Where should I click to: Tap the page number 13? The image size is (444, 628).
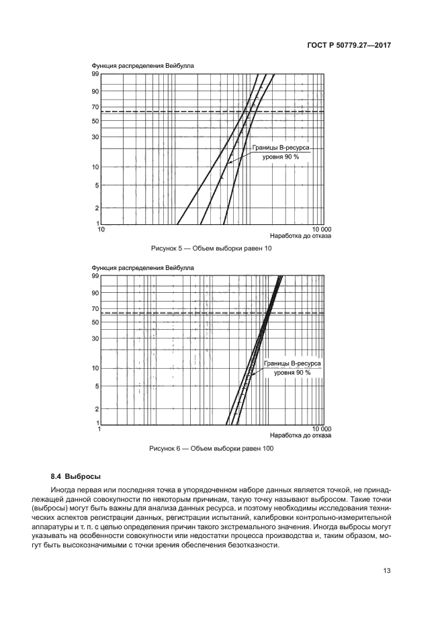tap(387, 571)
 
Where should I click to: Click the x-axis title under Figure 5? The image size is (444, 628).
tap(301, 236)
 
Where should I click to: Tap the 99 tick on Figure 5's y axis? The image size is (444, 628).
tap(95, 74)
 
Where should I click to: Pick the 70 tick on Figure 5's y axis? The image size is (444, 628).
tap(95, 107)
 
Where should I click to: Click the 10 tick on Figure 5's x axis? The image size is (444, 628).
tap(101, 228)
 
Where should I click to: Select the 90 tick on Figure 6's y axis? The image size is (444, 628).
tap(95, 292)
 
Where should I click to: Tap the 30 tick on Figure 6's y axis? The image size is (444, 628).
tap(95, 338)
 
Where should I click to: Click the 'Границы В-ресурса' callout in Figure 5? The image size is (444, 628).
tap(281, 148)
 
